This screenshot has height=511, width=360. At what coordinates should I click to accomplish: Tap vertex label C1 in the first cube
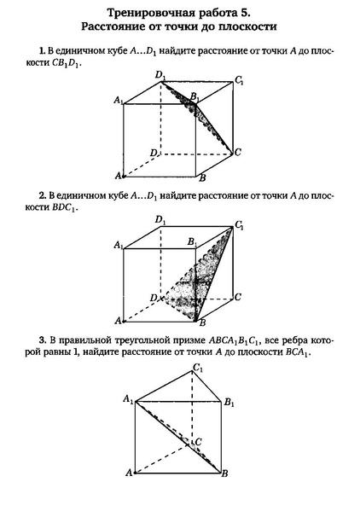[x=240, y=81]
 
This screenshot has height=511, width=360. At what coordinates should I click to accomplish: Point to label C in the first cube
[x=239, y=153]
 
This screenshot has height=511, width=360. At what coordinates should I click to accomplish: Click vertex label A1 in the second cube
[x=116, y=246]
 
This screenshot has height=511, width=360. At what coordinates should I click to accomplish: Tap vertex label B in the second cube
[x=202, y=323]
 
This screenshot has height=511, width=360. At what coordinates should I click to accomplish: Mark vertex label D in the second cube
[x=152, y=297]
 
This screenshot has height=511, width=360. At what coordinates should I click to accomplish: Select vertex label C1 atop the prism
[x=198, y=369]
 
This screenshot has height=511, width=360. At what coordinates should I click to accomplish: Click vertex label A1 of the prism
[x=126, y=399]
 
